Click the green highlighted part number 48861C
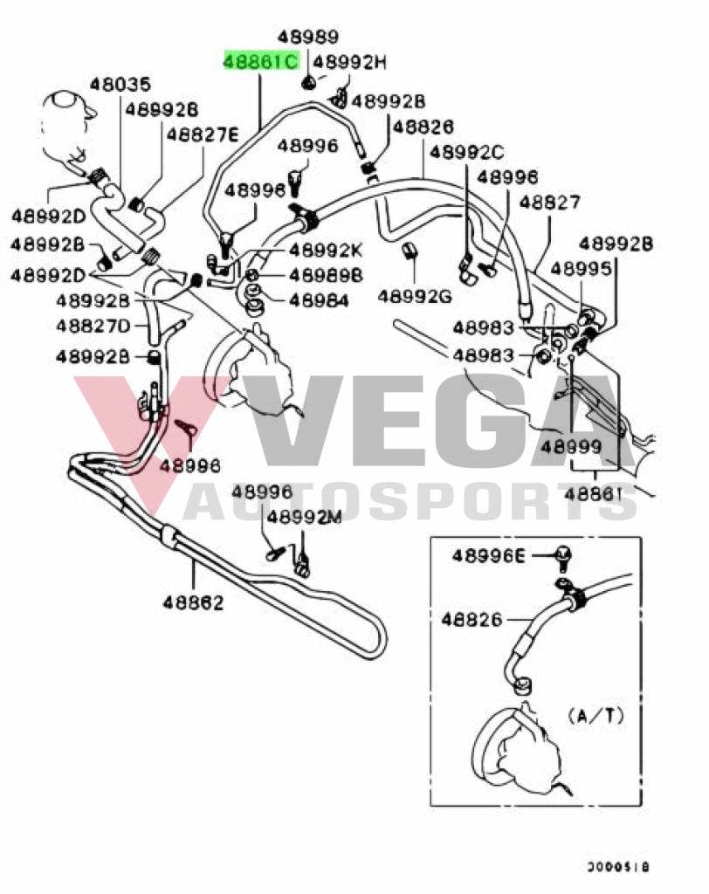(x=260, y=62)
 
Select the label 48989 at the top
(x=308, y=37)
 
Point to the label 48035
(x=120, y=85)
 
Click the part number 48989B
(x=325, y=276)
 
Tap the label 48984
(x=319, y=300)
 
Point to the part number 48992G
(x=415, y=297)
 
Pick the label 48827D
(x=93, y=326)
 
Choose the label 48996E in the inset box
(x=489, y=555)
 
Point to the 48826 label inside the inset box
(x=472, y=620)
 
